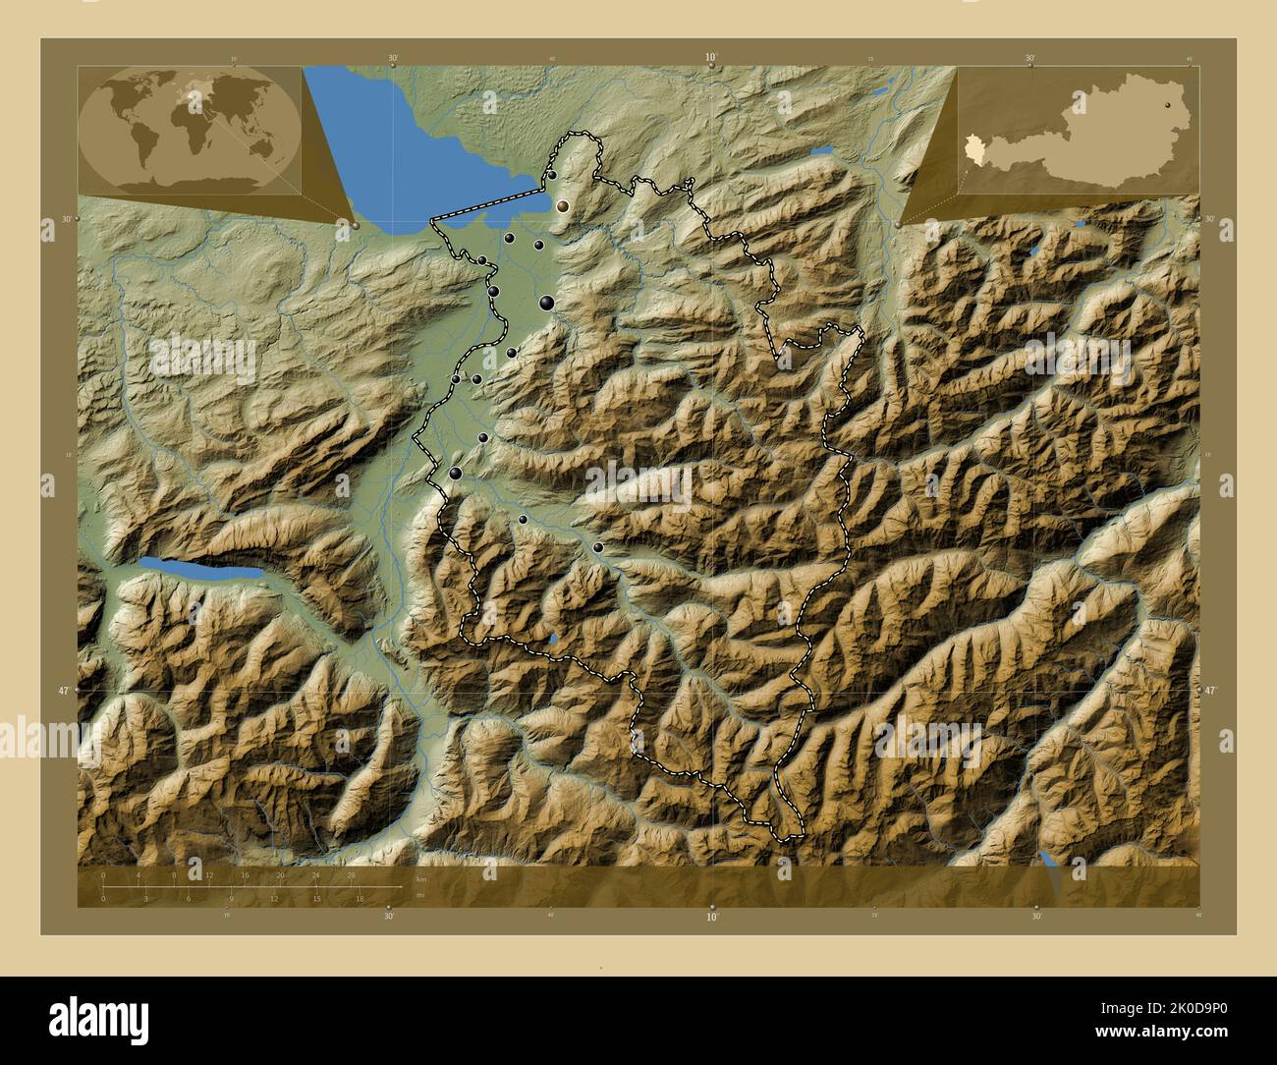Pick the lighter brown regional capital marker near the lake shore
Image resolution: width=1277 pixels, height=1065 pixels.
click(x=564, y=206)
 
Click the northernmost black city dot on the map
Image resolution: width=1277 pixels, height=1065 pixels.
click(x=552, y=175)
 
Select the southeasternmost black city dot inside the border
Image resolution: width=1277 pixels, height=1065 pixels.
click(x=598, y=548)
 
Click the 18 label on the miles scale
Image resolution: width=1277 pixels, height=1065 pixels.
click(x=361, y=898)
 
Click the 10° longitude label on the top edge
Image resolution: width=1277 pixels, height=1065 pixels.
click(x=711, y=58)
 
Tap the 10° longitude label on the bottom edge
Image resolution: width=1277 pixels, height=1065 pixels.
click(x=711, y=917)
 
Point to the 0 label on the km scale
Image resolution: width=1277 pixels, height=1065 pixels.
click(x=103, y=873)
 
